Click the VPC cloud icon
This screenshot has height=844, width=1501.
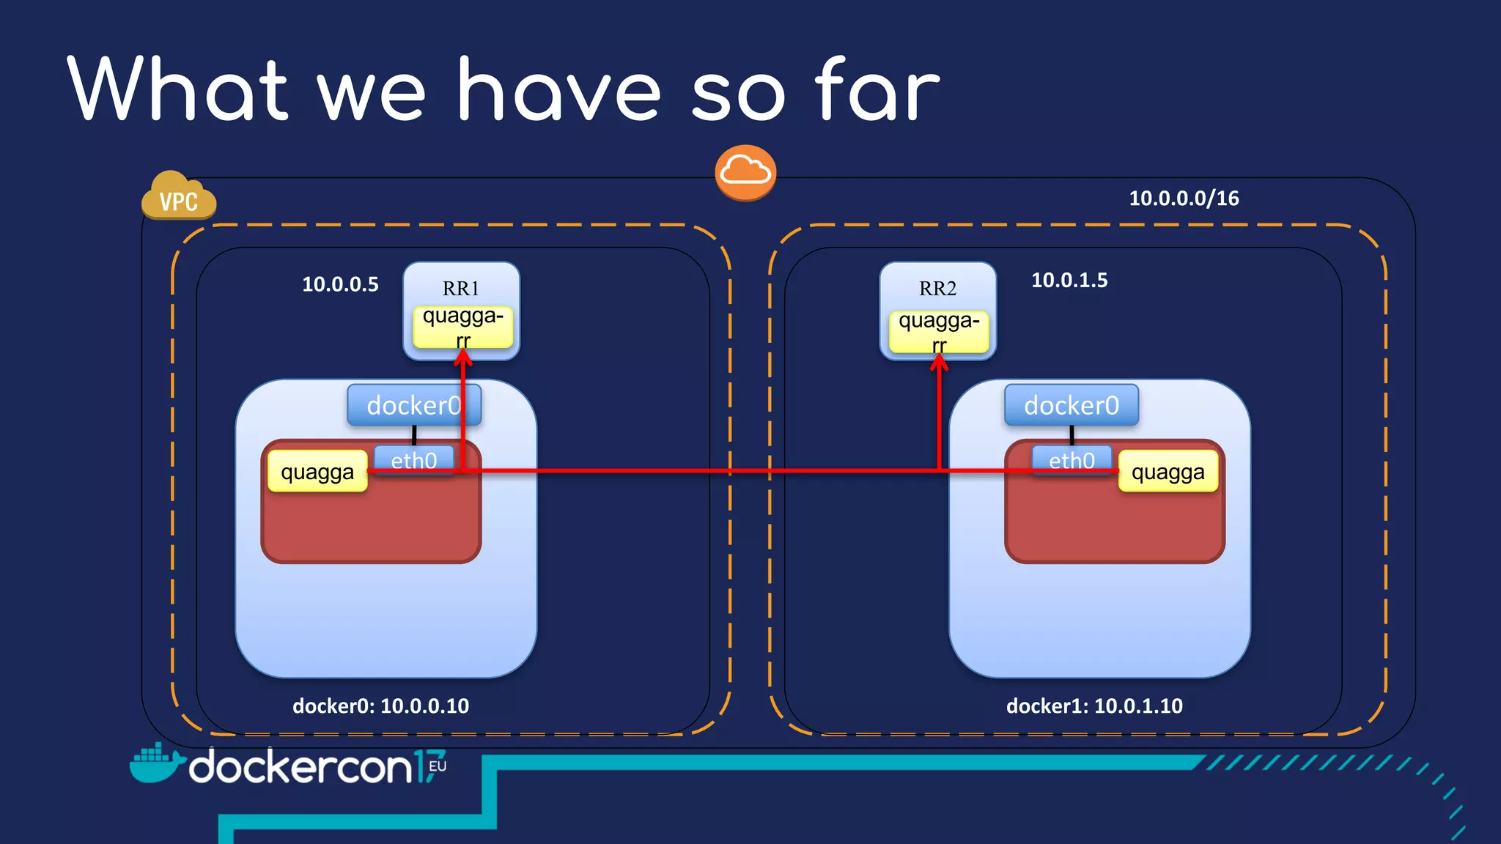[x=178, y=196]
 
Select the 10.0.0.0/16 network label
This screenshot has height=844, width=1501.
[x=1184, y=199]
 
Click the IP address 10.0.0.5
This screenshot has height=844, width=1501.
[x=340, y=284]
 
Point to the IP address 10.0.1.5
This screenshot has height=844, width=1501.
[x=1069, y=280]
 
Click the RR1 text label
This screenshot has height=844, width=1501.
[x=460, y=289]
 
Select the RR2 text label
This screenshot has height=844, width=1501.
[x=937, y=289]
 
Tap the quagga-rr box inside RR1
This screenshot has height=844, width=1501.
[x=462, y=327]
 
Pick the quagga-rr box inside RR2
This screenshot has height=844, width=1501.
[x=938, y=331]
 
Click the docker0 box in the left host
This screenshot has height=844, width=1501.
[x=414, y=405]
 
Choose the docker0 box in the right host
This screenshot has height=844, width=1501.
[x=1072, y=405]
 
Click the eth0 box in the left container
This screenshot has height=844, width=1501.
[x=413, y=460]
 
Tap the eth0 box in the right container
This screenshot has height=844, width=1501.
[x=1072, y=460]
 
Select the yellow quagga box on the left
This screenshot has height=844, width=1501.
[x=317, y=472]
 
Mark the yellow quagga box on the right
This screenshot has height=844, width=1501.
[x=1168, y=472]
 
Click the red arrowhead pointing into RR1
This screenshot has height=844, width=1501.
[x=463, y=358]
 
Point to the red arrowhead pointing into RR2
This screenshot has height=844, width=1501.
[x=939, y=363]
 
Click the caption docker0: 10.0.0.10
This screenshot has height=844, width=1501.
[x=380, y=706]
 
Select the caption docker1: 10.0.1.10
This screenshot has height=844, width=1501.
[x=1094, y=706]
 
